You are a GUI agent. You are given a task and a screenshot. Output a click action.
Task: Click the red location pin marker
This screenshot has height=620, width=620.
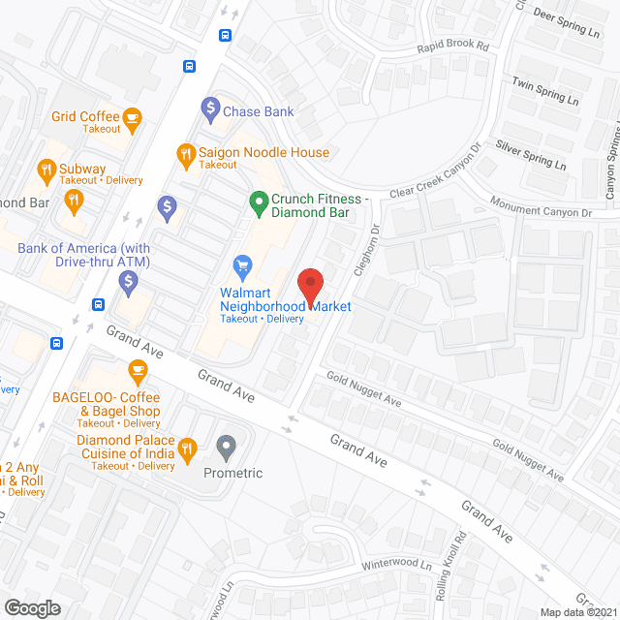pyautogui.click(x=309, y=286)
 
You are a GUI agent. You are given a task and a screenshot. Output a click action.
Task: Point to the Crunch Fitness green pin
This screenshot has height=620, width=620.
pyautogui.click(x=258, y=203)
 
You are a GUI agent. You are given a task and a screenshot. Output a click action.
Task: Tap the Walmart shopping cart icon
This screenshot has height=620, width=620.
pyautogui.click(x=243, y=264)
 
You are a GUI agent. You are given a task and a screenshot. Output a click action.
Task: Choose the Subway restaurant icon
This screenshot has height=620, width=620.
pyautogui.click(x=46, y=172)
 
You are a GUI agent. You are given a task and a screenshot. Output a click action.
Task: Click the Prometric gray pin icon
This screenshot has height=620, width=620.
pyautogui.click(x=227, y=448)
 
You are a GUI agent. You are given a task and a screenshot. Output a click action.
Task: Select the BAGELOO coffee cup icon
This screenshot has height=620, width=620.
pyautogui.click(x=137, y=371)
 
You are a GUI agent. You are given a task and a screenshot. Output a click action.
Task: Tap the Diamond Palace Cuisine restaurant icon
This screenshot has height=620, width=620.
pyautogui.click(x=187, y=449)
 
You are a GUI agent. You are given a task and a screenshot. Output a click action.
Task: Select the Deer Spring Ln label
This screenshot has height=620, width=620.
pyautogui.click(x=567, y=22)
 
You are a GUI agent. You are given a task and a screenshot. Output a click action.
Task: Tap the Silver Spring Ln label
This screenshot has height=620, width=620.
pyautogui.click(x=531, y=156)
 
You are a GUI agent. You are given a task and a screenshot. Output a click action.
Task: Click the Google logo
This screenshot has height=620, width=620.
pyautogui.click(x=31, y=607)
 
